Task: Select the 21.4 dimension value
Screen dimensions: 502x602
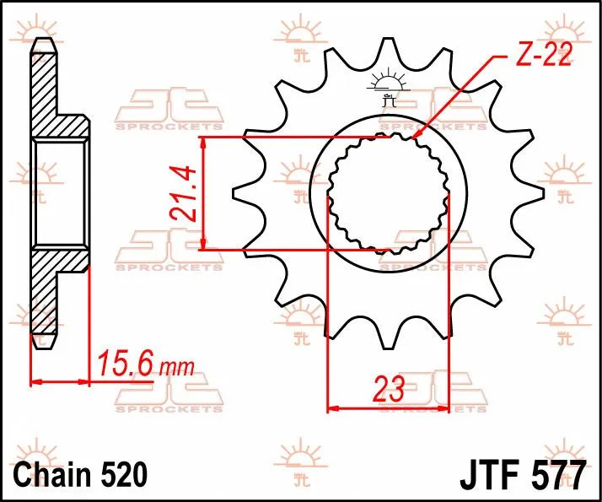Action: [183, 193]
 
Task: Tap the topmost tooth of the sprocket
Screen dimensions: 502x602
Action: [388, 52]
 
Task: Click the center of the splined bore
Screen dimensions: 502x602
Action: [388, 193]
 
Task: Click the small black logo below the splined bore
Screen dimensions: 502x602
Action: [388, 245]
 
